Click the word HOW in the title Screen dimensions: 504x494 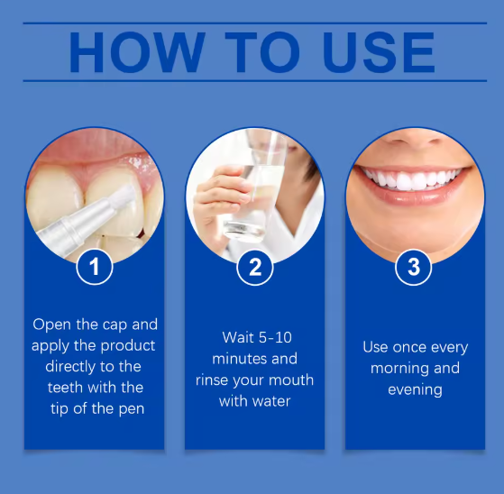(137, 52)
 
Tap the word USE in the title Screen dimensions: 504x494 (380, 52)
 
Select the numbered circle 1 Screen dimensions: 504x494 (95, 267)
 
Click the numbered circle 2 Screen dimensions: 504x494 (254, 267)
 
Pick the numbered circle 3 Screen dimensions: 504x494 (413, 267)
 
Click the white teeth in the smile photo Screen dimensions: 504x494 (412, 178)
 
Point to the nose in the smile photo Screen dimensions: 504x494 (415, 138)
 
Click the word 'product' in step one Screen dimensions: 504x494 (128, 346)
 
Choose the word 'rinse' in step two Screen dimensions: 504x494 (212, 380)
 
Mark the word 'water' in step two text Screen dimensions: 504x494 (271, 401)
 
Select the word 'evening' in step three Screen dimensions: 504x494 (415, 390)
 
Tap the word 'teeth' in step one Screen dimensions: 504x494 (65, 388)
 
